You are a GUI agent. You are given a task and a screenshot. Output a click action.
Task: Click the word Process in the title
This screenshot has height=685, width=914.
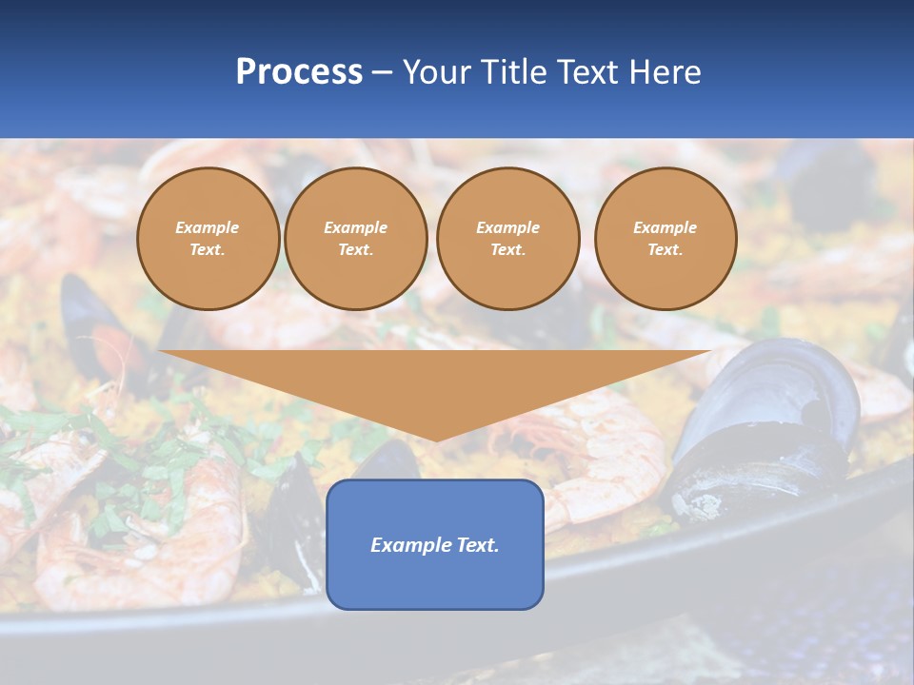(299, 72)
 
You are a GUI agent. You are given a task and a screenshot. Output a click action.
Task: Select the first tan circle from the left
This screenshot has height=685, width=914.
(208, 239)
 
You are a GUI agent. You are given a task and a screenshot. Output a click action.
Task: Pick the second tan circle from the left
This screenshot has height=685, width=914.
(356, 239)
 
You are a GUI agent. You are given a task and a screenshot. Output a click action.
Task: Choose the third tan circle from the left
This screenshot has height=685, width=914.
(507, 239)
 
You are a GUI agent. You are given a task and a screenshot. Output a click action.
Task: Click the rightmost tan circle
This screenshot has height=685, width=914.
(666, 239)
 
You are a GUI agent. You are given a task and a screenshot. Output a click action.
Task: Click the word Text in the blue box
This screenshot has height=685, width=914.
(477, 545)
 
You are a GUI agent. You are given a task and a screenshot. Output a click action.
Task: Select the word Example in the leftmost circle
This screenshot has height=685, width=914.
(208, 227)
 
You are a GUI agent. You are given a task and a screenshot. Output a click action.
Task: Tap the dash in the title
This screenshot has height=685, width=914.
(382, 72)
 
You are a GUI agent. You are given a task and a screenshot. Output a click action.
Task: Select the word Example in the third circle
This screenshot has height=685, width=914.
(507, 227)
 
